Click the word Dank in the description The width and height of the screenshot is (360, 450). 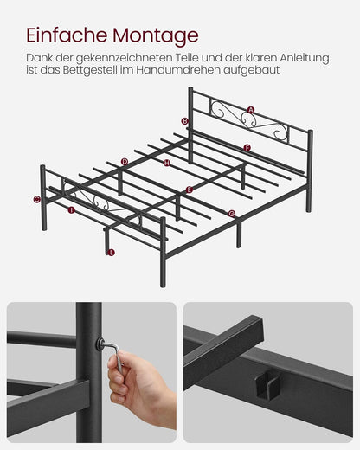[40, 57]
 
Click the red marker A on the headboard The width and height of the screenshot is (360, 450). [251, 110]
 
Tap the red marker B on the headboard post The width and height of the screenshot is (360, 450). [184, 121]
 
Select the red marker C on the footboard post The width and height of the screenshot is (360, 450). [36, 199]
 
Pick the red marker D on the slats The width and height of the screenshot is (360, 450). [125, 161]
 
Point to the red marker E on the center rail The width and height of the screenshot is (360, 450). [190, 190]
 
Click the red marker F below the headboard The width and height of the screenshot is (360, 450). [247, 148]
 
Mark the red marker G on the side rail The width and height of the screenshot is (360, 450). [231, 213]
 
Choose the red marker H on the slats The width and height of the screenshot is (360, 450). [167, 163]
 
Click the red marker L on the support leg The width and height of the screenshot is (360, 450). [111, 253]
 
